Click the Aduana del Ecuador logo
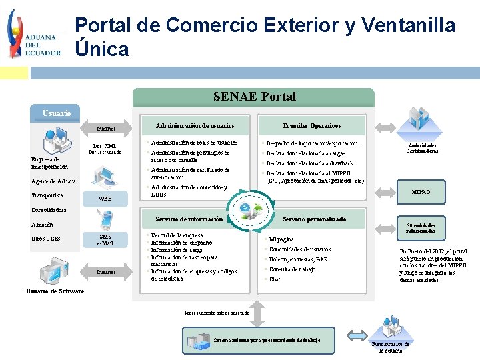(x=33, y=33)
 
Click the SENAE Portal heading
(x=254, y=97)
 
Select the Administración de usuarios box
(x=195, y=126)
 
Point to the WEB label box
(x=105, y=199)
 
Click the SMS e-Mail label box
(x=105, y=240)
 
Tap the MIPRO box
(x=421, y=192)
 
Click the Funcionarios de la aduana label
(x=390, y=347)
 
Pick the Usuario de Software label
(x=55, y=291)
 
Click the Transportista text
(x=47, y=195)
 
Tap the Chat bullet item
(x=274, y=279)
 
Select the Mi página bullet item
(x=281, y=239)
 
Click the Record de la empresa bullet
(x=177, y=236)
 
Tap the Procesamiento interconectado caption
(x=216, y=313)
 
